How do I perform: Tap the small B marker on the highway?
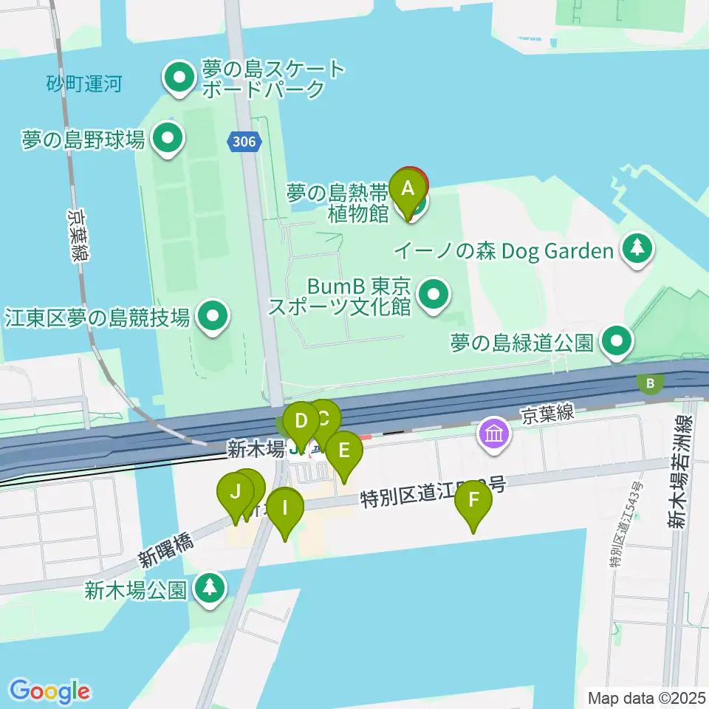point(651,383)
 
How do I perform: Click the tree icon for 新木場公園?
point(210,588)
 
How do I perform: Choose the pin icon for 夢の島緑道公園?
point(617,341)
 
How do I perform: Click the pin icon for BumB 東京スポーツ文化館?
point(434,295)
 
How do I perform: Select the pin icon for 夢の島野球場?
point(168,138)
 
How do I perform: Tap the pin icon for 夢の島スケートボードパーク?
point(179,79)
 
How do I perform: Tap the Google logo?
point(49,691)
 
